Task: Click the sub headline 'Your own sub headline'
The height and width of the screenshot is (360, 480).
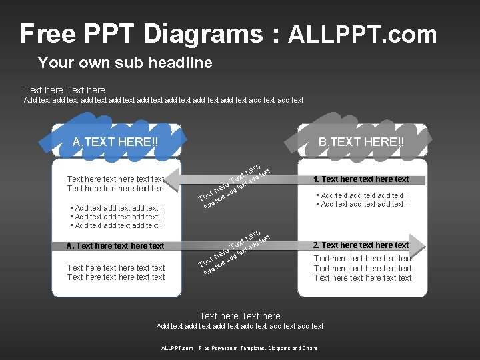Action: (125, 63)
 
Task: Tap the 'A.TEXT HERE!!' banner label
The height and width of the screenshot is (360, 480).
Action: (116, 141)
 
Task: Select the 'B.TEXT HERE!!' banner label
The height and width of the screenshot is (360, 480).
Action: (361, 141)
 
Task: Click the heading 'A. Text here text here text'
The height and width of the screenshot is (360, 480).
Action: (115, 246)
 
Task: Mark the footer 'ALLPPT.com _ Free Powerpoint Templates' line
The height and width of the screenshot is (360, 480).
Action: (239, 348)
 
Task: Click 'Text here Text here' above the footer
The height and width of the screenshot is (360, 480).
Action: (240, 316)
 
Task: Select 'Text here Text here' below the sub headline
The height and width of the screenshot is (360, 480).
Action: (65, 90)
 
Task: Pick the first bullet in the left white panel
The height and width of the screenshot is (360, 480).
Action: (117, 208)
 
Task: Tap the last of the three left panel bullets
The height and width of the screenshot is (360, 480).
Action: (117, 225)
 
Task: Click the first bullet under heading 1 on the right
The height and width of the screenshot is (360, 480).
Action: (363, 195)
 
